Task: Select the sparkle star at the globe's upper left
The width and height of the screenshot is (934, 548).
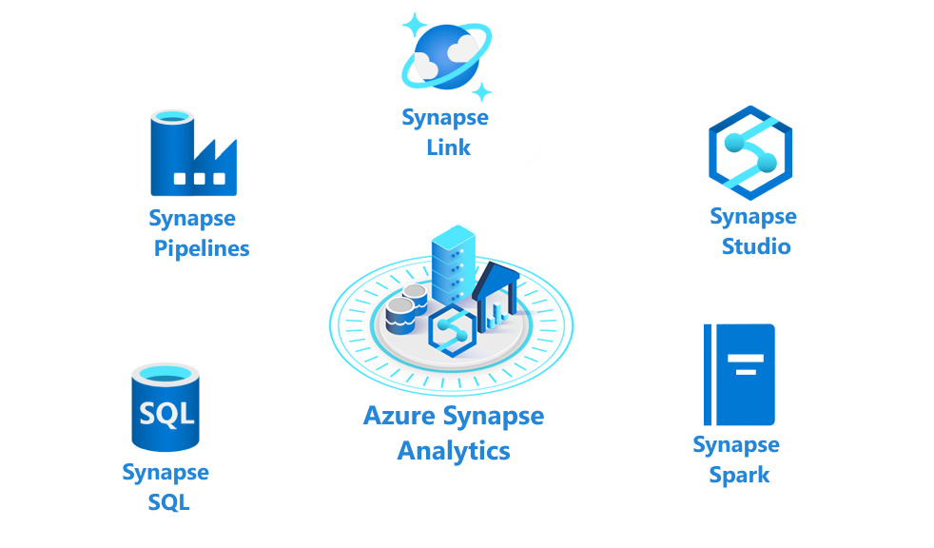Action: [x=414, y=24]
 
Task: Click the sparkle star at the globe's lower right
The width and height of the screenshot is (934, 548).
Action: [x=482, y=92]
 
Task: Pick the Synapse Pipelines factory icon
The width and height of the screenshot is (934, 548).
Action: [x=193, y=154]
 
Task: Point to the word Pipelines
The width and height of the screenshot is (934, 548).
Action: [x=202, y=249]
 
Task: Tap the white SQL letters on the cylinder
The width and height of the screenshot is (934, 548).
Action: [x=165, y=414]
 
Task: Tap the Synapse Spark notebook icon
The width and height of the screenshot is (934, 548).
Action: [x=739, y=375]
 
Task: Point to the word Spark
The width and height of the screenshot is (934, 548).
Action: [x=739, y=475]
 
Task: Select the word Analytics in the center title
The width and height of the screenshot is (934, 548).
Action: [x=454, y=450]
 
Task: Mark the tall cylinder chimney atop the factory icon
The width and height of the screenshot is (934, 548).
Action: [x=172, y=143]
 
